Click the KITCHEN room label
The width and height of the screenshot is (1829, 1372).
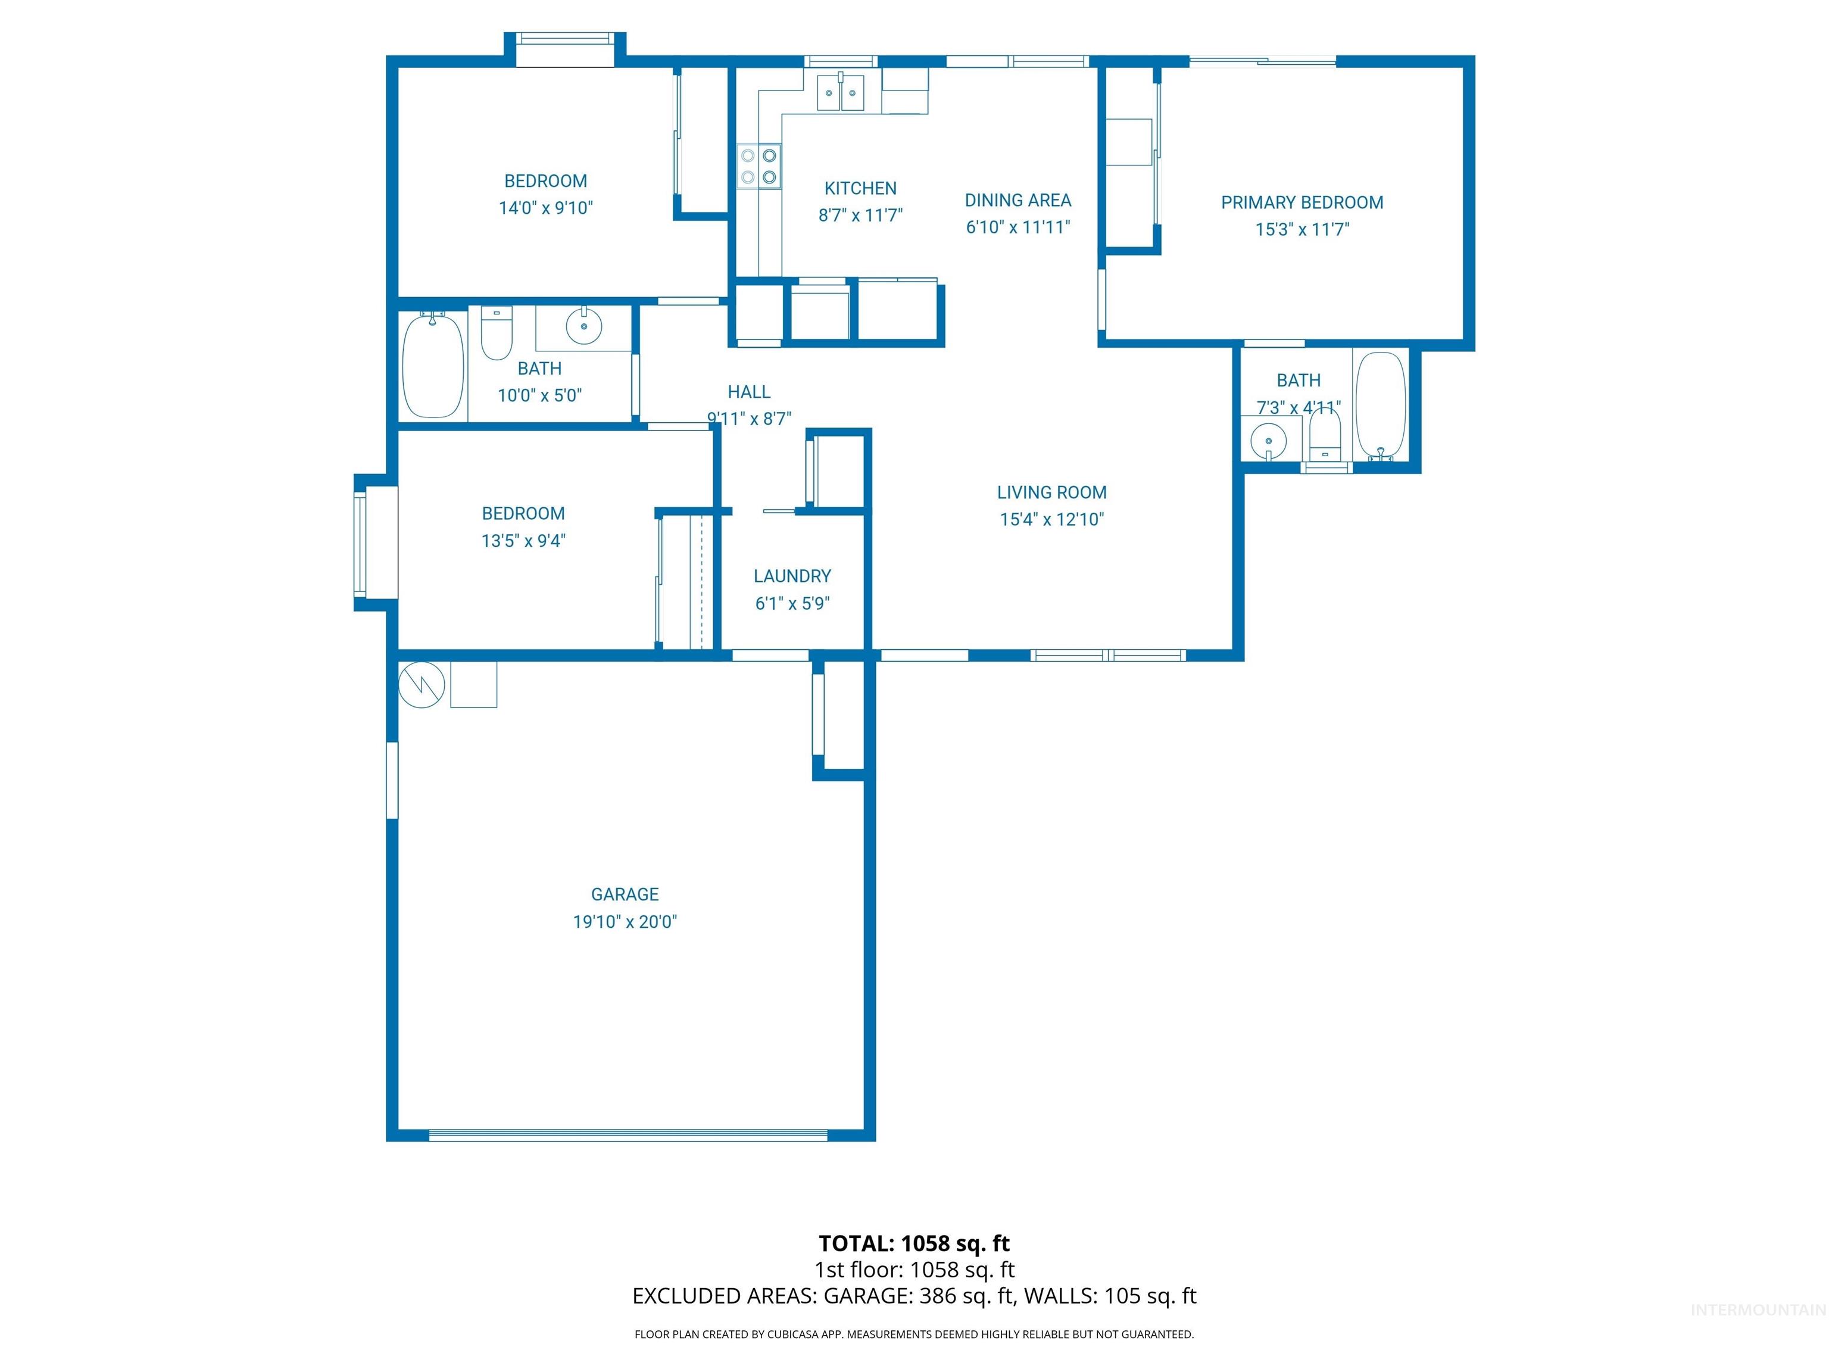click(860, 189)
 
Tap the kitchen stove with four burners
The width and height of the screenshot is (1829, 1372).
click(759, 166)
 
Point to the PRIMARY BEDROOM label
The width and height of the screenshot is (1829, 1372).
click(1301, 202)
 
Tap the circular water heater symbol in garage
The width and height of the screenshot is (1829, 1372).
click(422, 684)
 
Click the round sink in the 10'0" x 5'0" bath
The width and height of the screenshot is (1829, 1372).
click(583, 326)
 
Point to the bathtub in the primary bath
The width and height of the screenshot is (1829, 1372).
click(1381, 406)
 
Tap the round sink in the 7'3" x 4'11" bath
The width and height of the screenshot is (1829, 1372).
click(1268, 440)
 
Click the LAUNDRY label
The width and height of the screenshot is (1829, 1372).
click(792, 576)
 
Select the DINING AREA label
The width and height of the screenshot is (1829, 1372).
click(1017, 200)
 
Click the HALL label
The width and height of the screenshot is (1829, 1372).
click(748, 392)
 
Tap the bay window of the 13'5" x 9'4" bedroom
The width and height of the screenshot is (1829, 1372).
click(361, 543)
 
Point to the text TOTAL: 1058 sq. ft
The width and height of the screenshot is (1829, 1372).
click(914, 1243)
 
